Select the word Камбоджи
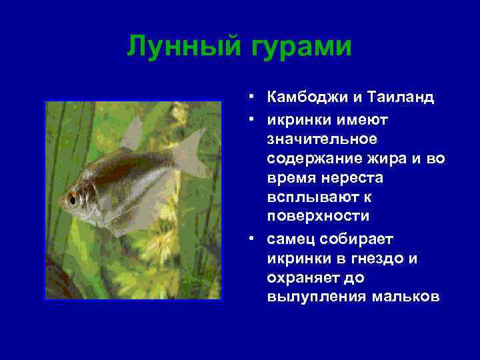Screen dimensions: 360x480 click(x=307, y=98)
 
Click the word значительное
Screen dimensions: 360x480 click(x=322, y=139)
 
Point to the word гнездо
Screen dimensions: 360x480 click(x=377, y=258)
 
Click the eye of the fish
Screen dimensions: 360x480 click(x=71, y=199)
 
